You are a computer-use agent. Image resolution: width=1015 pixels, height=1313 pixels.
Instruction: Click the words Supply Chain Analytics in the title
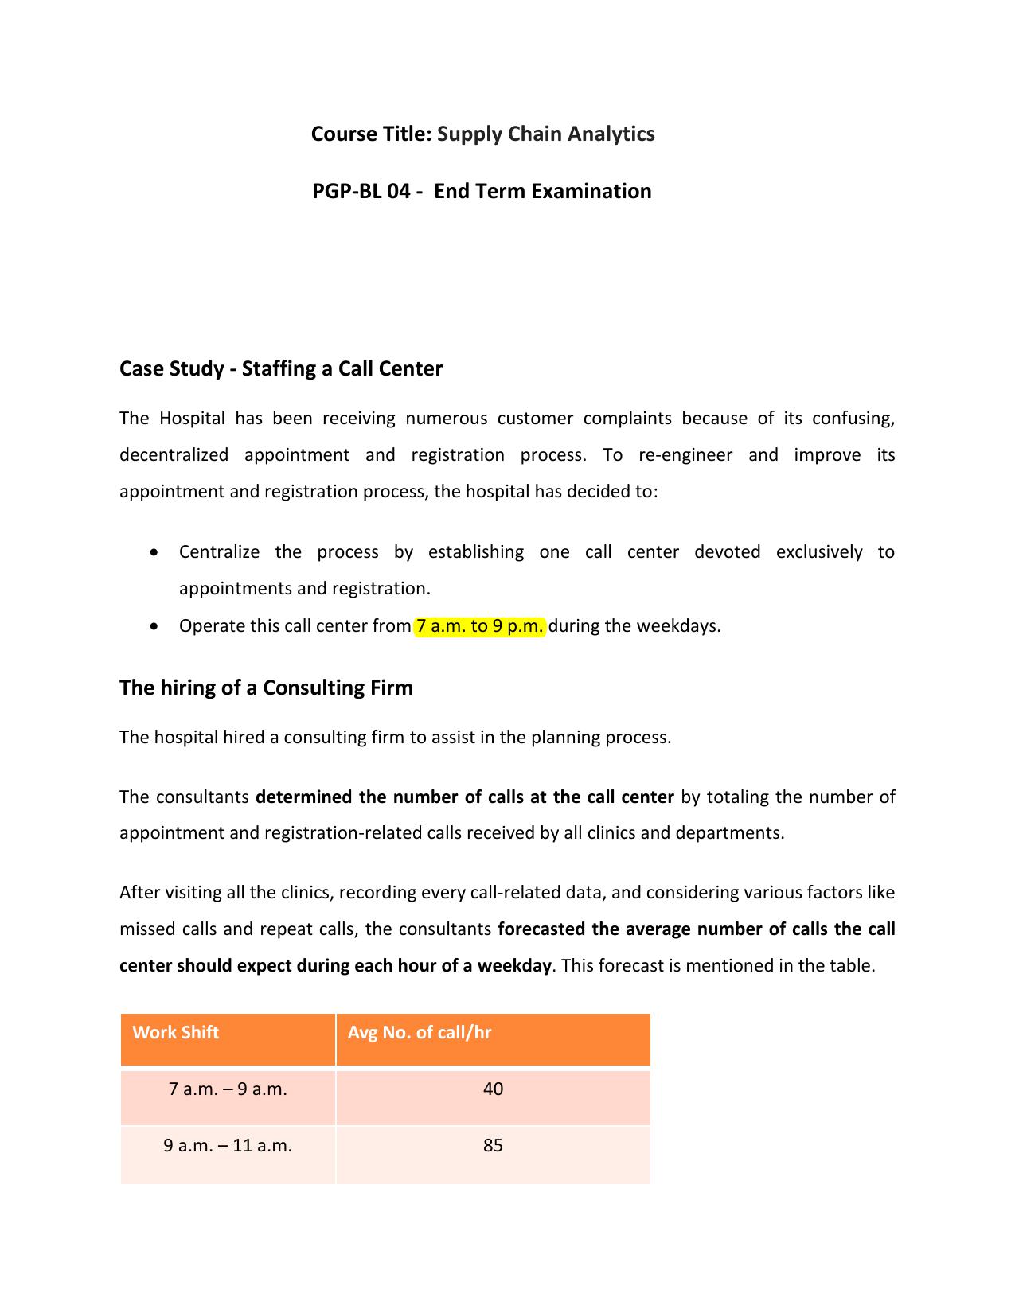[545, 134]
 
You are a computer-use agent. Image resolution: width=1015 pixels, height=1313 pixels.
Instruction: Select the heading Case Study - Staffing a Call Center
[280, 368]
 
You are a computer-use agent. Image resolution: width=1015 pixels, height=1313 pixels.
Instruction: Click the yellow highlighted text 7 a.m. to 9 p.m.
[479, 626]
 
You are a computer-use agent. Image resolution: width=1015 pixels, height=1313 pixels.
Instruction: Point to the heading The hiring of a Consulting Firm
[266, 688]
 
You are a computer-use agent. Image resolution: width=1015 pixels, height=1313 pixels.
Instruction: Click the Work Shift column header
[175, 1033]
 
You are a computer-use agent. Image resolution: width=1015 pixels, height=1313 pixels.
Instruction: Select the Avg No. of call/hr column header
[419, 1033]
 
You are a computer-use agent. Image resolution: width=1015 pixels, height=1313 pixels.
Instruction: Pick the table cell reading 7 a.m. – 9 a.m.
[228, 1089]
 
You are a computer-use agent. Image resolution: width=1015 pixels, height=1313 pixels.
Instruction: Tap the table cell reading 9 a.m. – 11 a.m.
[228, 1146]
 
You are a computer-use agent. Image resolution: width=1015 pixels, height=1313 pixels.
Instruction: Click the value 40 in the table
[493, 1089]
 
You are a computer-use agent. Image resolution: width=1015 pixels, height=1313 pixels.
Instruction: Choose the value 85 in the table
[493, 1146]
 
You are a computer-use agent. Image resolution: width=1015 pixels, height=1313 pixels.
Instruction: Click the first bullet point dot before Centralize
[154, 552]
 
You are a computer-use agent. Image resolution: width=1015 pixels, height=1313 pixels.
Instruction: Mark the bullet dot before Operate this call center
[154, 627]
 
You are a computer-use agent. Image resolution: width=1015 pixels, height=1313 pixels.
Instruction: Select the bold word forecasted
[543, 929]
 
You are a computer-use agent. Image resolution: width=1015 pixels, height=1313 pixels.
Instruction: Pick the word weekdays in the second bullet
[685, 626]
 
